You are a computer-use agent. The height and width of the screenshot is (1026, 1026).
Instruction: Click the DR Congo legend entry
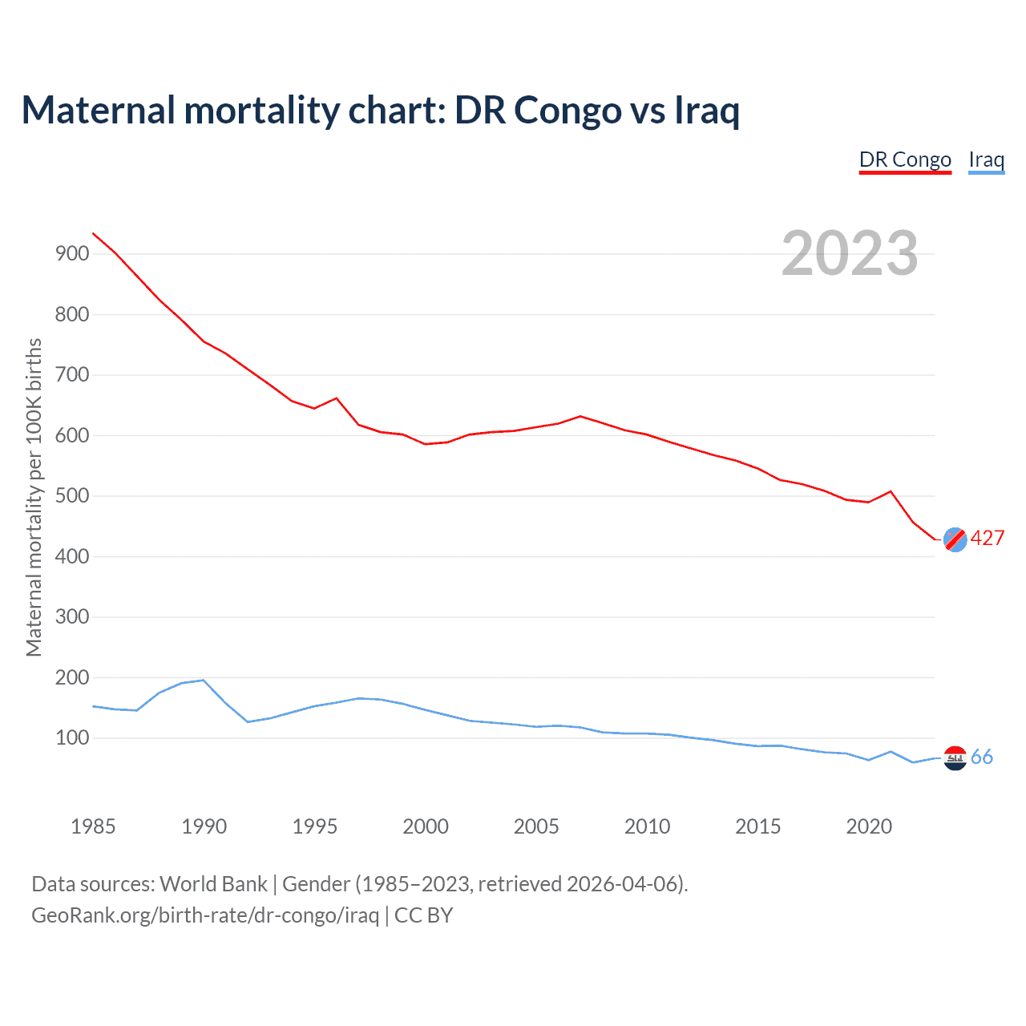[x=905, y=160]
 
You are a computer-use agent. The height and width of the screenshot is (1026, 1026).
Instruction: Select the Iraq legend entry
[x=986, y=160]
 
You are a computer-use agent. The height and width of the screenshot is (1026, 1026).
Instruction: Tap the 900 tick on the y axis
[x=71, y=254]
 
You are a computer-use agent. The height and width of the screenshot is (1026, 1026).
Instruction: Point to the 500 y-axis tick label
[x=71, y=496]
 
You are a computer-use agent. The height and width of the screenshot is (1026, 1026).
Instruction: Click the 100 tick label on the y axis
[x=71, y=738]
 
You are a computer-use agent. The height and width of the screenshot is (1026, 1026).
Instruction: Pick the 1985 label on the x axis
[x=93, y=826]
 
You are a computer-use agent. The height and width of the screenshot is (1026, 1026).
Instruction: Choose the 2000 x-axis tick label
[x=426, y=826]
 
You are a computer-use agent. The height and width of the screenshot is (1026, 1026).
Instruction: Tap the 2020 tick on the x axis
[x=869, y=826]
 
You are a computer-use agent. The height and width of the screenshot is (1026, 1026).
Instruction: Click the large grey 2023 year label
[x=850, y=253]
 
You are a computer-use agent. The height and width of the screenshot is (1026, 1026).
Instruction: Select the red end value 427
[x=988, y=539]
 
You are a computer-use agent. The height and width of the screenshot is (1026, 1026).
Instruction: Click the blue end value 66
[x=982, y=757]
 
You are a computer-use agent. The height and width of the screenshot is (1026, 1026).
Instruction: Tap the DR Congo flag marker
[x=955, y=539]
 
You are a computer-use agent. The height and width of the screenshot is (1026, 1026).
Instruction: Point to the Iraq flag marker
[x=955, y=757]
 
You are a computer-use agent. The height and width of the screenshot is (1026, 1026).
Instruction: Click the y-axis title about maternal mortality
[x=34, y=497]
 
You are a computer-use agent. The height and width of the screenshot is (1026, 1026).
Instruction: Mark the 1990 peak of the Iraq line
[x=204, y=680]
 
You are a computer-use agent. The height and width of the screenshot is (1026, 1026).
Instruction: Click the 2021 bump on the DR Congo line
[x=891, y=491]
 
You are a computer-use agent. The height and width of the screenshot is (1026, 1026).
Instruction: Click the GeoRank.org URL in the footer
[x=205, y=915]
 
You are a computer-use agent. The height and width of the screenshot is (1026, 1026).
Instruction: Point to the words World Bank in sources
[x=213, y=884]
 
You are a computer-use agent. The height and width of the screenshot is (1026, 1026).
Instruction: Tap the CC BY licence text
[x=424, y=915]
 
